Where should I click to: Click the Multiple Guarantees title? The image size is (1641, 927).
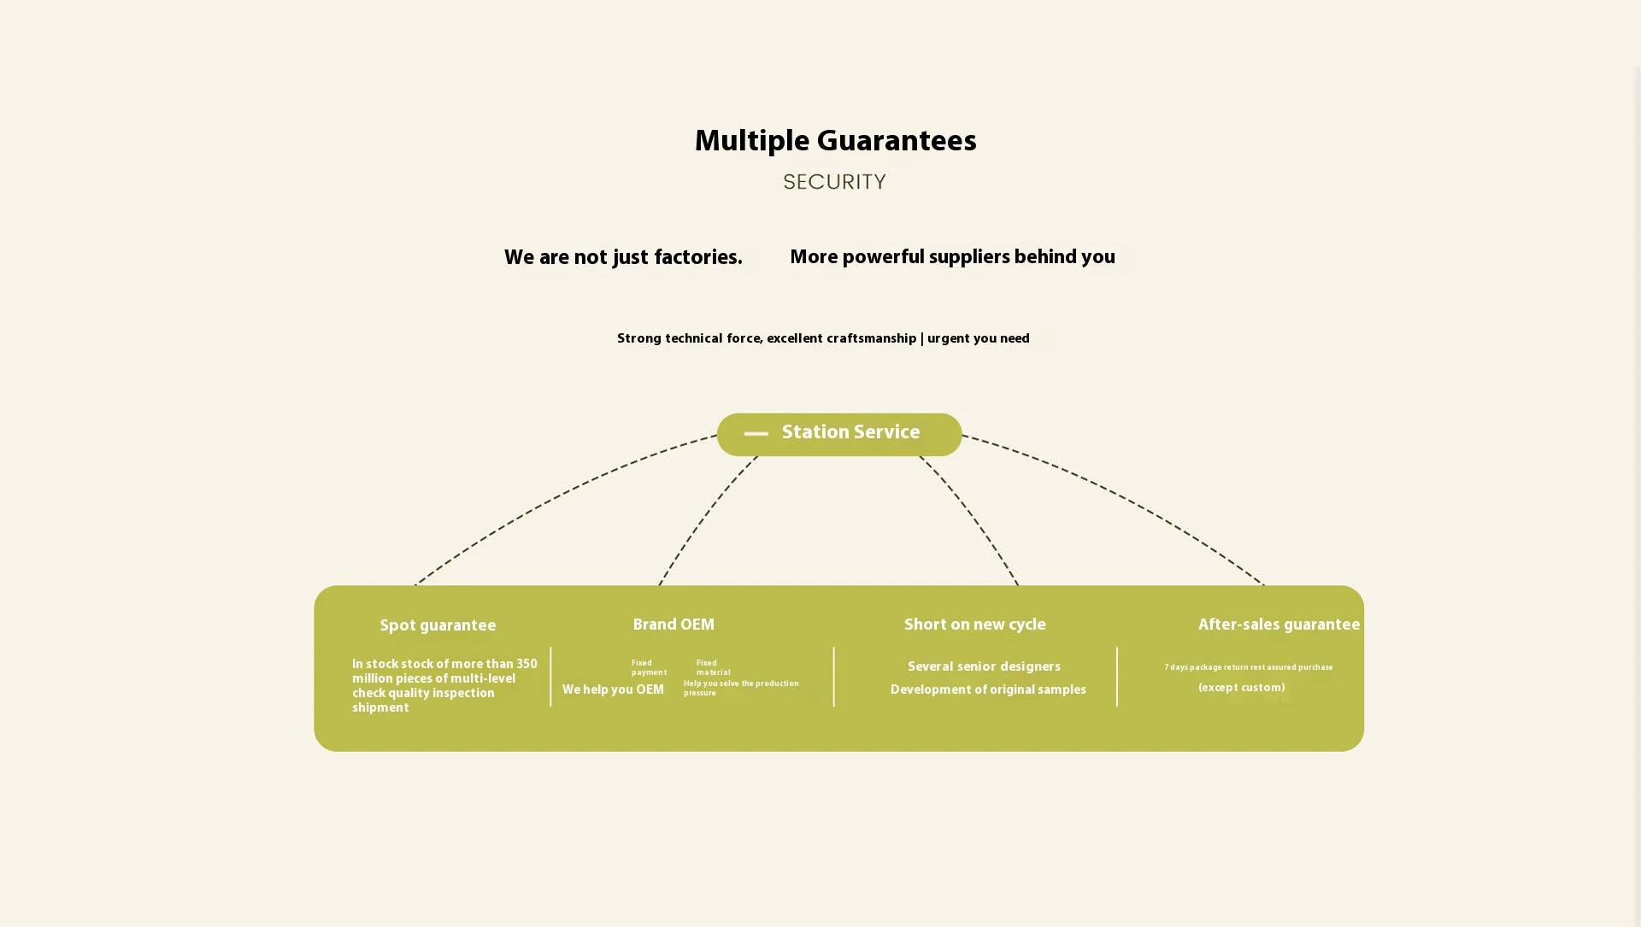(835, 142)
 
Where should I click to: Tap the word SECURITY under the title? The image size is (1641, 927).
(834, 182)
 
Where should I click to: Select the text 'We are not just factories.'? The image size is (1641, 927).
(623, 258)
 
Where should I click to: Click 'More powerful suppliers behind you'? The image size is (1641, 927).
(952, 258)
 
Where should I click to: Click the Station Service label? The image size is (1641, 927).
(850, 433)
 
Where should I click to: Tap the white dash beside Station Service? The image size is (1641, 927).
(756, 434)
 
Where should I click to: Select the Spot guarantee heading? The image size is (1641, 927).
(438, 626)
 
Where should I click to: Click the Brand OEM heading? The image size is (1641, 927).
(673, 625)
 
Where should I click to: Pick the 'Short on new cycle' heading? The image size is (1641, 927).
(974, 625)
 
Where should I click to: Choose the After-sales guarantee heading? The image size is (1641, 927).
(1279, 625)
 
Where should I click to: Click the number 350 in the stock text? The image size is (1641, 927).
(526, 665)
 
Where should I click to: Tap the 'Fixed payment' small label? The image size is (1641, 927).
(648, 668)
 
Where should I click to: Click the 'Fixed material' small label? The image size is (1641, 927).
(713, 668)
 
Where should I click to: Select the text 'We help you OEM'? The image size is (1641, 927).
(613, 690)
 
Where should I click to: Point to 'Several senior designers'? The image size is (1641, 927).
(984, 667)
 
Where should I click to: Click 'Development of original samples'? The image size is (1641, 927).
(988, 690)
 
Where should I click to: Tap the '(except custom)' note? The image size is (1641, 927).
(1241, 689)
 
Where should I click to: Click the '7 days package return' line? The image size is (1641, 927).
(1248, 667)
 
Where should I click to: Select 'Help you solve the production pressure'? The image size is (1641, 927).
(740, 689)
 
